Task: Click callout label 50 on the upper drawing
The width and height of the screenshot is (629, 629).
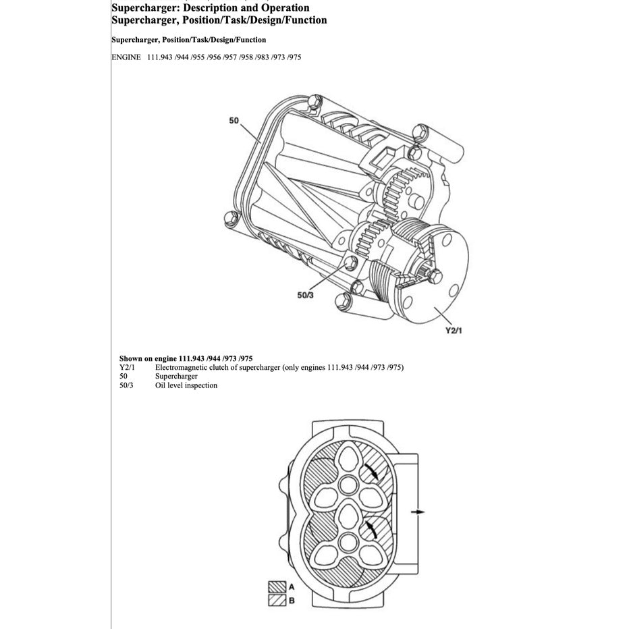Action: coord(234,120)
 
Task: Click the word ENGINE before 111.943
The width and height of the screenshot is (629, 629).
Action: coord(126,57)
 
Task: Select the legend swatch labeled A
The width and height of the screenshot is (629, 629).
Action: coord(277,586)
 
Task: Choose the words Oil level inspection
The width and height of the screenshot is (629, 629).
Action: coord(186,385)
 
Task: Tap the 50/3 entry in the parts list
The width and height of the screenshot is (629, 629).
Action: coord(127,385)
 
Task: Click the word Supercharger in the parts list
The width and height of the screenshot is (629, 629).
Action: coord(176,376)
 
